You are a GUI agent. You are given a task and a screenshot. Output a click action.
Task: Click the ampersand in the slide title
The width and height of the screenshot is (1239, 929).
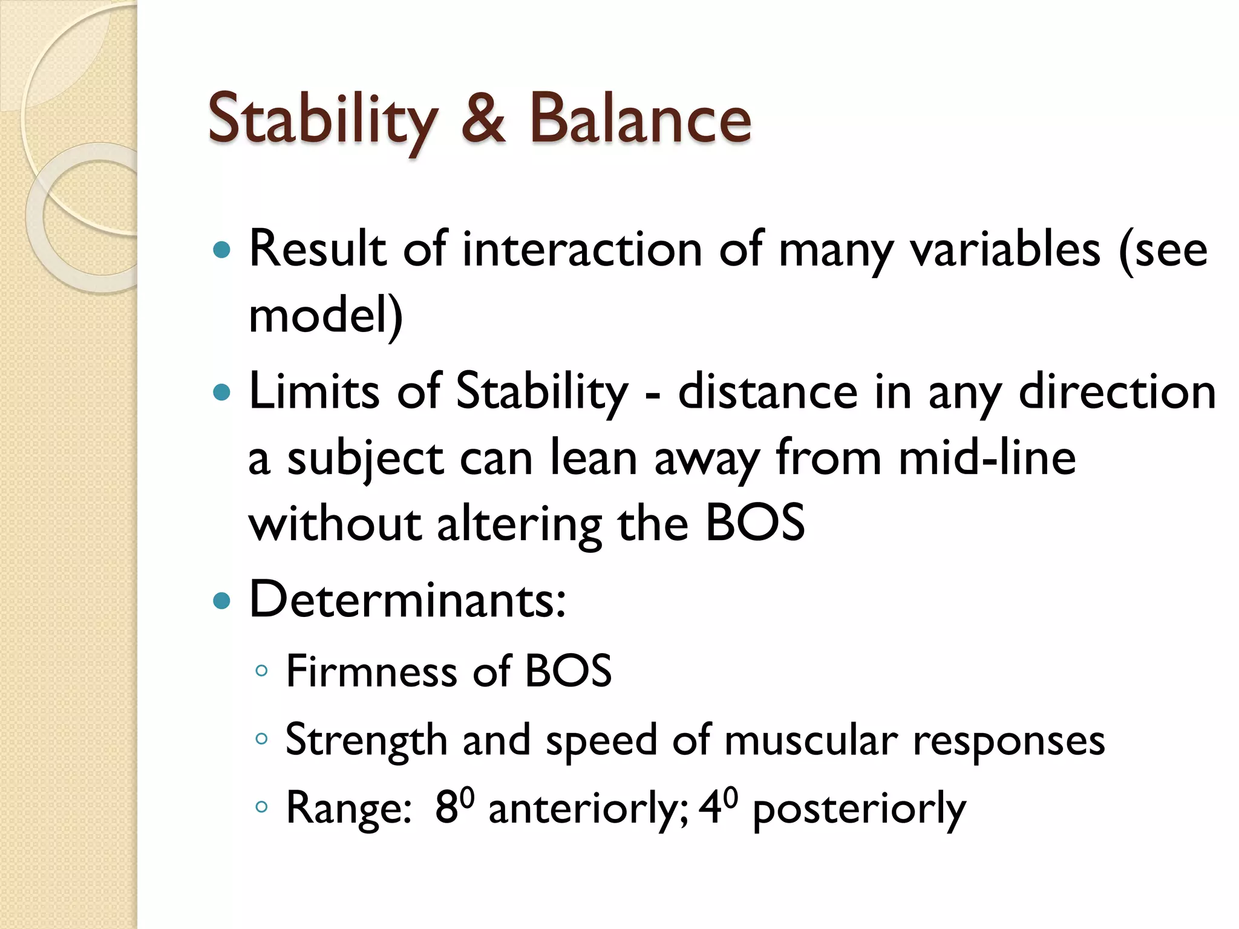pos(483,119)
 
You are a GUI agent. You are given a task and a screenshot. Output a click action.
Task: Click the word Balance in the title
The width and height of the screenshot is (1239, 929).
pos(640,119)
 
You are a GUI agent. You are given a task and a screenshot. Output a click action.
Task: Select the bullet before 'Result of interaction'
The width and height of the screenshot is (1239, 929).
pos(223,250)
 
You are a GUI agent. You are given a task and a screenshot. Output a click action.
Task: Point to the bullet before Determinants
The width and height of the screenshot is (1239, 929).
pos(223,601)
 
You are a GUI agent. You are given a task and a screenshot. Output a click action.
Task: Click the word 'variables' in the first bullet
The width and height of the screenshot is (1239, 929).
pos(1005,250)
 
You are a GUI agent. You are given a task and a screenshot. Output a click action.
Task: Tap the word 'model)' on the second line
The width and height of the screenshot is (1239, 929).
pos(325,316)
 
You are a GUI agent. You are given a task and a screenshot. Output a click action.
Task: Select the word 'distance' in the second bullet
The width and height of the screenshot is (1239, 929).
pos(767,392)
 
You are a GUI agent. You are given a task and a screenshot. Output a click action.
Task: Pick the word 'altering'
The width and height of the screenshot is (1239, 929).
pos(519,524)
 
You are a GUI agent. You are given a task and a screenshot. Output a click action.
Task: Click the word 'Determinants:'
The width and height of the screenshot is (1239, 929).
pos(408,600)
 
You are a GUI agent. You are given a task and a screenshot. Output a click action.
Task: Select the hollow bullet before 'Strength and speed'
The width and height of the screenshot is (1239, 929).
pos(261,738)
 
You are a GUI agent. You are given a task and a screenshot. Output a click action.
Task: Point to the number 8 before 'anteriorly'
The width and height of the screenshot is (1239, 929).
pos(446,809)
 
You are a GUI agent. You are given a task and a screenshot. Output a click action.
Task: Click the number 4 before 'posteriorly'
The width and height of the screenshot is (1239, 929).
pos(710,809)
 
